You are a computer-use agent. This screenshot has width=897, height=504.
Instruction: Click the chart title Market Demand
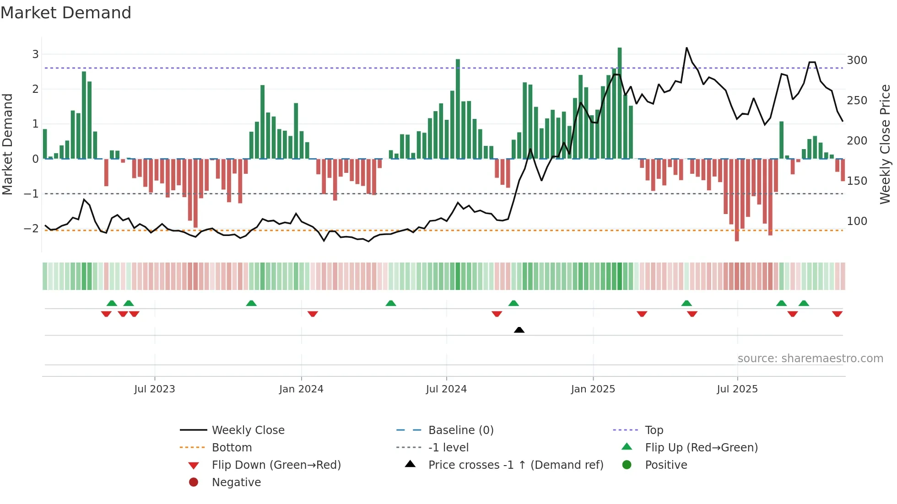[x=66, y=13]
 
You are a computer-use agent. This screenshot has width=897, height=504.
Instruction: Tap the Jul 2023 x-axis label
[x=155, y=389]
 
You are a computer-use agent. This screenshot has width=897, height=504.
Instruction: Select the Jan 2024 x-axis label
[x=301, y=389]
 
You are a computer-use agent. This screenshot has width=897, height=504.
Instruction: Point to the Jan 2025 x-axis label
[x=593, y=389]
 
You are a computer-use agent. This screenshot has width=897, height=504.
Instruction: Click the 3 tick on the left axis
[x=35, y=54]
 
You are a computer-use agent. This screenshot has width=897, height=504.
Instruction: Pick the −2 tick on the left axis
[x=32, y=229]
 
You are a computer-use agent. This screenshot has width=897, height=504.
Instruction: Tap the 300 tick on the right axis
[x=857, y=60]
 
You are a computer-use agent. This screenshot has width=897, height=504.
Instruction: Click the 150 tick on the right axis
[x=857, y=181]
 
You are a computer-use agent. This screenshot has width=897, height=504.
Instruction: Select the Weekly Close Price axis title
[x=885, y=144]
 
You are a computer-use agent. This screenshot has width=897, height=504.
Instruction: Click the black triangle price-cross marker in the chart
[x=519, y=330]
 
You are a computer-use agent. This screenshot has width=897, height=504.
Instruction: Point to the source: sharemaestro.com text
[x=810, y=359]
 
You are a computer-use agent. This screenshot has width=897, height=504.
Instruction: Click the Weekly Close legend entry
[x=248, y=430]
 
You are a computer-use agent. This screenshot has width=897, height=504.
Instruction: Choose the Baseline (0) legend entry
[x=460, y=430]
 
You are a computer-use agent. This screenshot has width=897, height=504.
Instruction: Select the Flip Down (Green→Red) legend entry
[x=276, y=465]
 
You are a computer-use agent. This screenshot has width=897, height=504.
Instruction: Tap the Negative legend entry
[x=236, y=483]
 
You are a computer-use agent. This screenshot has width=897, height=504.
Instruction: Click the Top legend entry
[x=654, y=430]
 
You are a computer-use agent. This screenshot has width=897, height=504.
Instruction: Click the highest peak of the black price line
[x=686, y=48]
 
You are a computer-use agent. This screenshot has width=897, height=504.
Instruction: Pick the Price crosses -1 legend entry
[x=515, y=465]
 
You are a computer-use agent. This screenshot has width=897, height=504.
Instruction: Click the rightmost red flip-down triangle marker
[x=837, y=314]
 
